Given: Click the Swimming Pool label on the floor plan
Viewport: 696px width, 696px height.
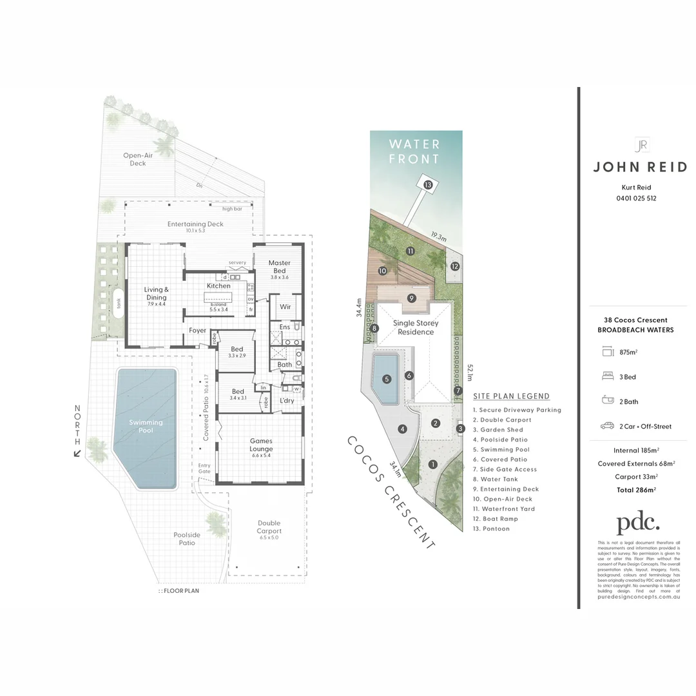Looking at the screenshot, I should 146,426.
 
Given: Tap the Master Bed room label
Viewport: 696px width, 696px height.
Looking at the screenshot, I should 279,267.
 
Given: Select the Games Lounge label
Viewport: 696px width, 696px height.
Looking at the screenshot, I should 261,445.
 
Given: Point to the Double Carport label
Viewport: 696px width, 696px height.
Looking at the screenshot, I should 269,527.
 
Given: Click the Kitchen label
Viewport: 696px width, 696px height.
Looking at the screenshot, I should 218,285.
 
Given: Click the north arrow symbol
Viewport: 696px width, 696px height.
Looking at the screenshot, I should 78,453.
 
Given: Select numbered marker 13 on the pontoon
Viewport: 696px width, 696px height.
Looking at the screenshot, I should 428,184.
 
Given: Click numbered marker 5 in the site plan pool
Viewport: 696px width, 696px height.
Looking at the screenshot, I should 387,379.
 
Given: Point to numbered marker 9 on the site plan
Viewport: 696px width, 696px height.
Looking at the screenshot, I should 411,298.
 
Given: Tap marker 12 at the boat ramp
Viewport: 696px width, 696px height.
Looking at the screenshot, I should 455,266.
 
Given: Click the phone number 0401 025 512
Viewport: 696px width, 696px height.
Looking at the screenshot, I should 636,198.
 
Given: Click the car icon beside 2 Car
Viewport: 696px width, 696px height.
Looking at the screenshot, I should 607,426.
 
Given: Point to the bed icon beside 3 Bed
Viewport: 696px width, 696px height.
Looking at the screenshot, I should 607,376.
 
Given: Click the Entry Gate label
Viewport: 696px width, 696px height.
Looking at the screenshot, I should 204,469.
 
